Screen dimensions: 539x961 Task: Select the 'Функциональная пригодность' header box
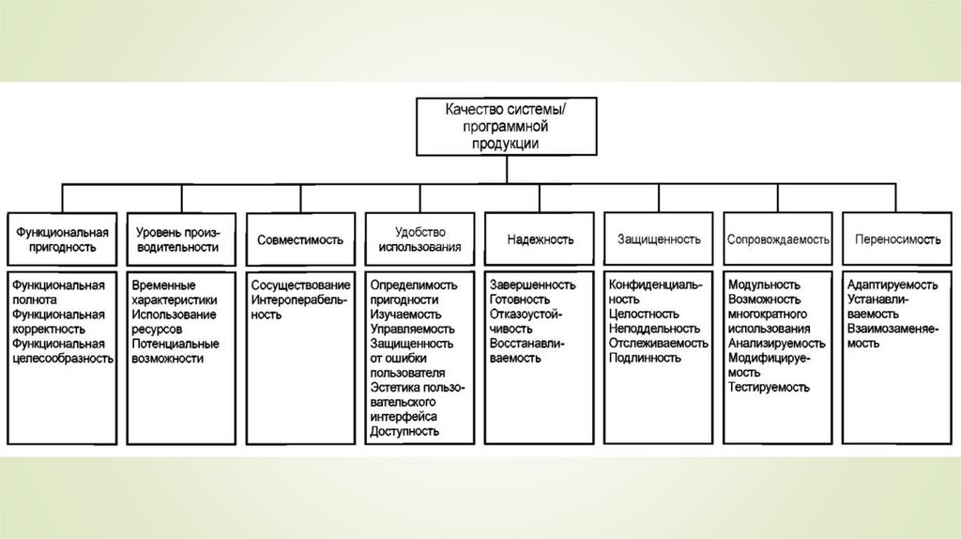61,239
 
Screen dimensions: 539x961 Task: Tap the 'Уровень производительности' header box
181,239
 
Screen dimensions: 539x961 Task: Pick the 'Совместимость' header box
300,239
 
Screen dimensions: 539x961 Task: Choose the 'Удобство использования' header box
419,239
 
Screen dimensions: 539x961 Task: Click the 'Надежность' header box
540,239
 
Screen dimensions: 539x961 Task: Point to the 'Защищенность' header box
659,239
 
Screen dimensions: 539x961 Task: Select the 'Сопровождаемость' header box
778,239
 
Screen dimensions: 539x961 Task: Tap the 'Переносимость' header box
897,239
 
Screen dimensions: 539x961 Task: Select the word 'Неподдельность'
654,329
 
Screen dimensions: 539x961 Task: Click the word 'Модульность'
763,285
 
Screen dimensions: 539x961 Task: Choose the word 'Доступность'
405,431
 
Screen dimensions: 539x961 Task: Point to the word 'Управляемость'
413,329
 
